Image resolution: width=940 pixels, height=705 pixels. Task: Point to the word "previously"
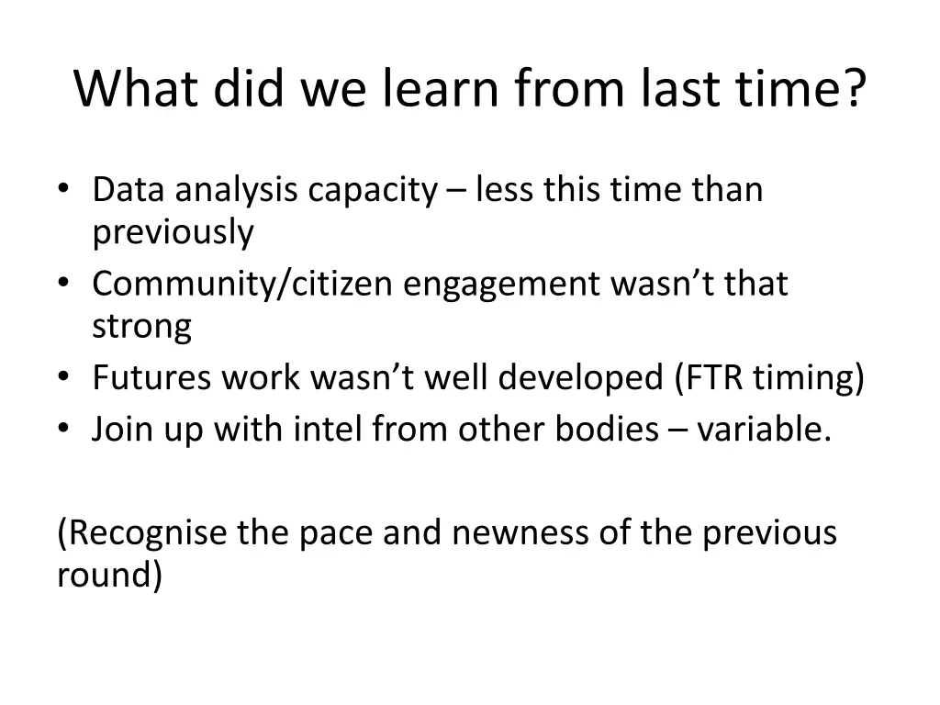[173, 232]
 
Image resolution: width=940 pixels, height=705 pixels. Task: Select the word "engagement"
[501, 284]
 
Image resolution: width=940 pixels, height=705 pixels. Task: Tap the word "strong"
[141, 327]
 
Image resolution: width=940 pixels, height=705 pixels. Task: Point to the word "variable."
[764, 429]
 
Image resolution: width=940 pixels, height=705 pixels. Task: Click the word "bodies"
[600, 429]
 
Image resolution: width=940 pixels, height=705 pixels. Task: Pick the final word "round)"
[109, 575]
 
